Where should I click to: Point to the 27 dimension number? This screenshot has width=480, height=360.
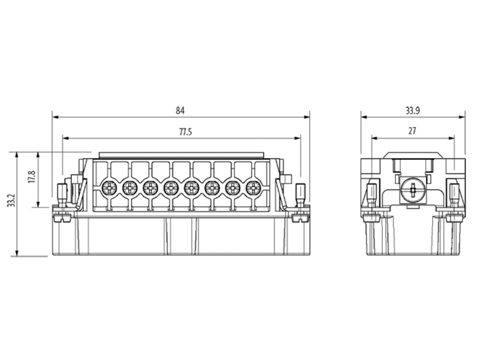(x=412, y=130)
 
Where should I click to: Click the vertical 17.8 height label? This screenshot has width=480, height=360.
(x=32, y=178)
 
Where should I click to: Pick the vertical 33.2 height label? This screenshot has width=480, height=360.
(x=10, y=201)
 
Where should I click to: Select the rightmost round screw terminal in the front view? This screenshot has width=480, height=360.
(x=253, y=188)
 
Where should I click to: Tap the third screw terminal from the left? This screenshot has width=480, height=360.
(x=150, y=188)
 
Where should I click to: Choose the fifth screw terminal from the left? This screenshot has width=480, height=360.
(x=191, y=188)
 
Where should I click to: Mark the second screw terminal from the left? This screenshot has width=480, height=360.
(x=130, y=188)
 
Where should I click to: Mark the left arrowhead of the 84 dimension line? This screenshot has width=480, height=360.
(x=55, y=117)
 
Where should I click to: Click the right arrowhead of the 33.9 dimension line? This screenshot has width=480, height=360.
(x=462, y=117)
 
